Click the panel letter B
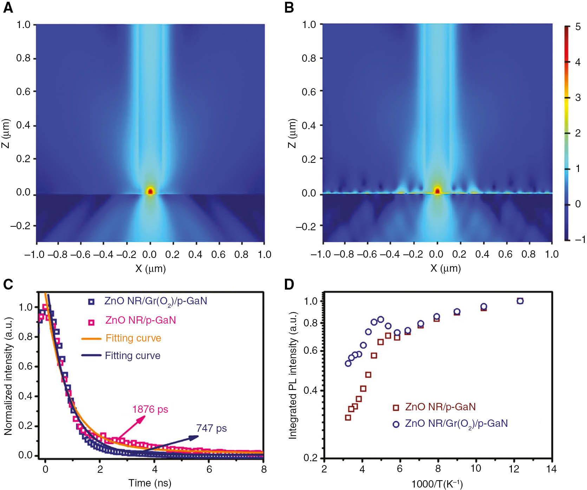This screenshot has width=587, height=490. click(289, 8)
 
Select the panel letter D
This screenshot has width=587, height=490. click(289, 284)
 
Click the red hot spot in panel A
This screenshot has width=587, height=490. click(150, 191)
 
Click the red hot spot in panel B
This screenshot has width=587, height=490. click(437, 191)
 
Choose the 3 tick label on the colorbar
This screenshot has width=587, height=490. click(578, 98)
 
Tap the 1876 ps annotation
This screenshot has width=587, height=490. click(150, 409)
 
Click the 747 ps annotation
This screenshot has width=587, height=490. click(211, 428)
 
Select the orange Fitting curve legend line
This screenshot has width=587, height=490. click(91, 339)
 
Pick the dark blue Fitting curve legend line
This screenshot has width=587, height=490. click(91, 356)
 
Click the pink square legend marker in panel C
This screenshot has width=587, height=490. click(91, 322)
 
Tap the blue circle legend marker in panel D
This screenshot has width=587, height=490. click(396, 424)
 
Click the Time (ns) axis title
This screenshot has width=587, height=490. click(150, 483)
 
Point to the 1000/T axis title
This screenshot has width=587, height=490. click(437, 484)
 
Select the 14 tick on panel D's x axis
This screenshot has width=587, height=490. click(552, 469)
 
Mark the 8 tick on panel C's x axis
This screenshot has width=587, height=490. click(263, 469)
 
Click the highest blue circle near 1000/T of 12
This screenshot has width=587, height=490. click(520, 301)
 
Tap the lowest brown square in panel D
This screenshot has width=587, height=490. click(348, 418)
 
